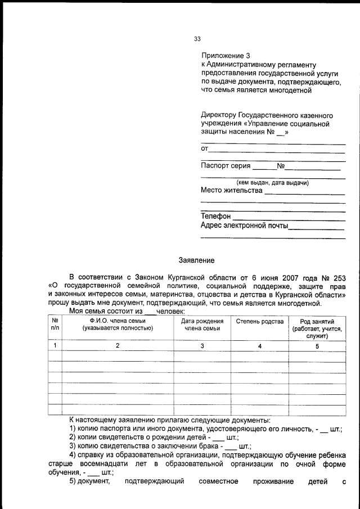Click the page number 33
(197, 39)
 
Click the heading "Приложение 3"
(225, 56)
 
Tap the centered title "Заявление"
(196, 260)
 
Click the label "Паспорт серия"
(226, 166)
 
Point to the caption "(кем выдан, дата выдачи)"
(272, 182)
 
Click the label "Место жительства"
(231, 190)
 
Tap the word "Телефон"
(215, 216)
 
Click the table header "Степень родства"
(260, 321)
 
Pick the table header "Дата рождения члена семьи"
(202, 324)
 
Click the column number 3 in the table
(202, 346)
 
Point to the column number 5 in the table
(317, 346)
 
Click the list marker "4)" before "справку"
(73, 454)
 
